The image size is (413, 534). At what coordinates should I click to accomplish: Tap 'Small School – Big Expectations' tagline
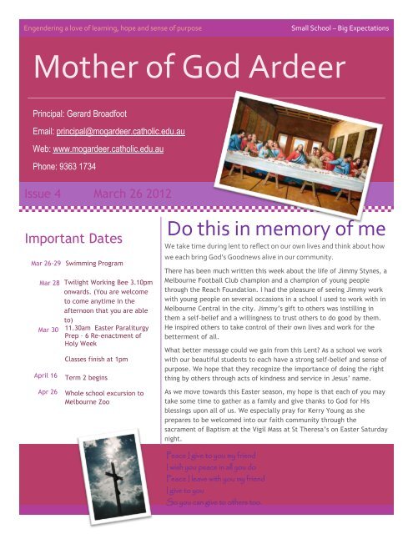(338, 29)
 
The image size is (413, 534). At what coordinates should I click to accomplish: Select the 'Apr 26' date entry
(47, 391)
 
